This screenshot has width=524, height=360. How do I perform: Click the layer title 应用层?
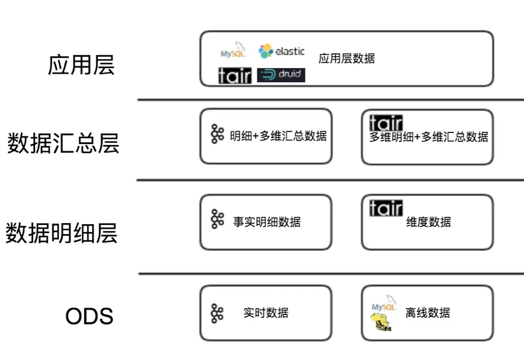[x=81, y=65]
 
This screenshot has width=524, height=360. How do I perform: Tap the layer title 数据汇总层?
[x=63, y=143]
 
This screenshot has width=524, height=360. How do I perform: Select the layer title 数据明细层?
[x=62, y=232]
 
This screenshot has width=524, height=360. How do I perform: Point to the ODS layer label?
[x=89, y=316]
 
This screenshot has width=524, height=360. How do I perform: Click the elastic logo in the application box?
[x=281, y=51]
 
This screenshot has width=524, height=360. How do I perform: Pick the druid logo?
[x=281, y=75]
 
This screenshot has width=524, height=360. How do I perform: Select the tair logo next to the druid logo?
[x=235, y=76]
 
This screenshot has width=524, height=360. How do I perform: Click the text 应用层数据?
[x=347, y=59]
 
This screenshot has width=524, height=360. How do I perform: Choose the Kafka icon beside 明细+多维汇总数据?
[x=217, y=134]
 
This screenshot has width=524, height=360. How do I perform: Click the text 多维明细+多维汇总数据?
[x=428, y=137]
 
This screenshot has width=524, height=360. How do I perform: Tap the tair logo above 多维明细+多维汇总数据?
[x=386, y=122]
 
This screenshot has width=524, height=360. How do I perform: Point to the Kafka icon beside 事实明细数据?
[x=217, y=219]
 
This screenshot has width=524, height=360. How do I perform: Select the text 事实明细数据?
[x=267, y=222]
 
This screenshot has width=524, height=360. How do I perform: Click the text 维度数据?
[x=428, y=222]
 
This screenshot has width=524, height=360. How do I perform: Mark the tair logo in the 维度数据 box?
[x=386, y=208]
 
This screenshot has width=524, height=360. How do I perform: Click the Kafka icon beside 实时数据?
[x=217, y=313]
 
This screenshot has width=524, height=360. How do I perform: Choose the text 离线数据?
[x=427, y=313]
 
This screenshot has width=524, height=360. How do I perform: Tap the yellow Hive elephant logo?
[x=381, y=322]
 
